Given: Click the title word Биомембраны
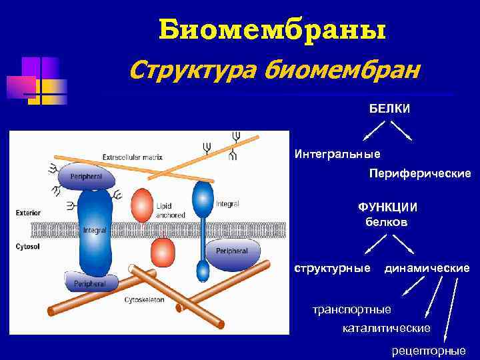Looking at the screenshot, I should [x=272, y=30].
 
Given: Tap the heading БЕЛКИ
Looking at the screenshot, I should [x=390, y=108].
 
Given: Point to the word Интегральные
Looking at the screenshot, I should [x=337, y=154].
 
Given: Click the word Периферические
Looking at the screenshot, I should [x=420, y=173].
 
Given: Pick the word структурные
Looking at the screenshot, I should [x=333, y=268].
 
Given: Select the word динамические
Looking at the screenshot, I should [x=427, y=268].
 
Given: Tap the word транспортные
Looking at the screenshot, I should [x=353, y=310].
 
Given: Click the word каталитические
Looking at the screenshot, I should [x=386, y=328].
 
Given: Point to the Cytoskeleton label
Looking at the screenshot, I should [x=144, y=300].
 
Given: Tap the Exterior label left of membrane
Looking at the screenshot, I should [x=27, y=213].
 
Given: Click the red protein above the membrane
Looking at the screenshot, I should [x=142, y=205].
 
